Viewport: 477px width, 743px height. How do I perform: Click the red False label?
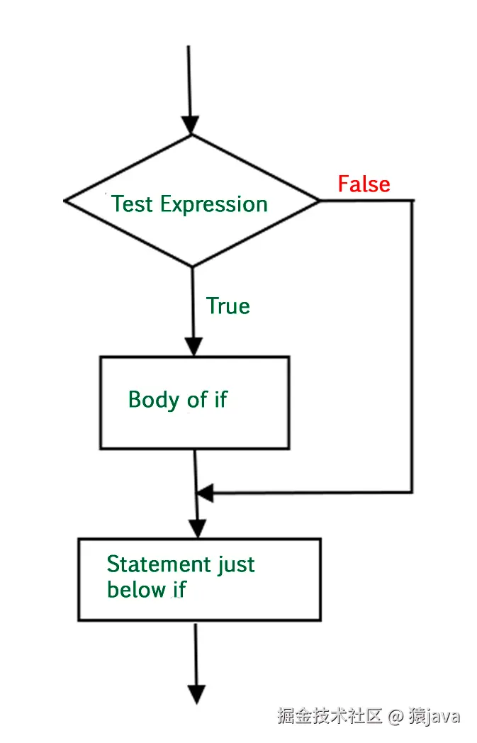pyautogui.click(x=364, y=184)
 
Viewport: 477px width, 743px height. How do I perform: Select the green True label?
pyautogui.click(x=228, y=306)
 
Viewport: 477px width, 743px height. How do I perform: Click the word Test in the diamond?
pyautogui.click(x=133, y=204)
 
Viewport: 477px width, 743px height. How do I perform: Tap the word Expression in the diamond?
pyautogui.click(x=214, y=205)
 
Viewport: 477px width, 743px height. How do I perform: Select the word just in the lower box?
pyautogui.click(x=237, y=566)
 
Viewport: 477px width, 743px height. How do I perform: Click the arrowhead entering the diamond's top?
pyautogui.click(x=190, y=125)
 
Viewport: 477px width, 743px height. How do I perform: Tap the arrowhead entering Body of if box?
pyautogui.click(x=193, y=347)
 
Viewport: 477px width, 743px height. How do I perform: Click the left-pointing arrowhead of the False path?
pyautogui.click(x=205, y=492)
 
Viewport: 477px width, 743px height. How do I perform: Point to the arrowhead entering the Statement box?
pyautogui.click(x=197, y=528)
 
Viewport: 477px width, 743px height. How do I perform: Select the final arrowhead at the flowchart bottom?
pyautogui.click(x=196, y=694)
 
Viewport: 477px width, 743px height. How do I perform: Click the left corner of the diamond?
pyautogui.click(x=65, y=201)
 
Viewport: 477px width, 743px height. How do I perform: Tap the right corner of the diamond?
pyautogui.click(x=319, y=201)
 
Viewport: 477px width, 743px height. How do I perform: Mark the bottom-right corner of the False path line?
pyautogui.click(x=412, y=491)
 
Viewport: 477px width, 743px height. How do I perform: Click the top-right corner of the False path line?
pyautogui.click(x=412, y=201)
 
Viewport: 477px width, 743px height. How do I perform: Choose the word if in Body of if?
pyautogui.click(x=220, y=400)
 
